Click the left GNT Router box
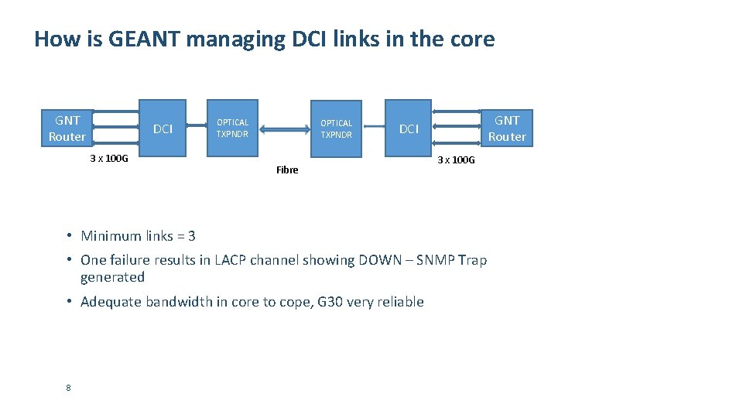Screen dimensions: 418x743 (67, 128)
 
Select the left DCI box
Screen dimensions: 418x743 (163, 128)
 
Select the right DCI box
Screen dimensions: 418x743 (409, 128)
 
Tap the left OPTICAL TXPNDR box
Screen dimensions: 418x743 (232, 128)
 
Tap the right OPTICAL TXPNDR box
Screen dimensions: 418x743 (336, 128)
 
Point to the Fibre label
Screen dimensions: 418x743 (287, 170)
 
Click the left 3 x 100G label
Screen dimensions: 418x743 (109, 159)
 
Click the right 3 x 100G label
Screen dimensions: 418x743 (457, 160)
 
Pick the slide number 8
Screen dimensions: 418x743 (68, 388)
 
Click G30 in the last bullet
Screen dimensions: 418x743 (330, 302)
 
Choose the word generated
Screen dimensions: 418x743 (112, 277)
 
